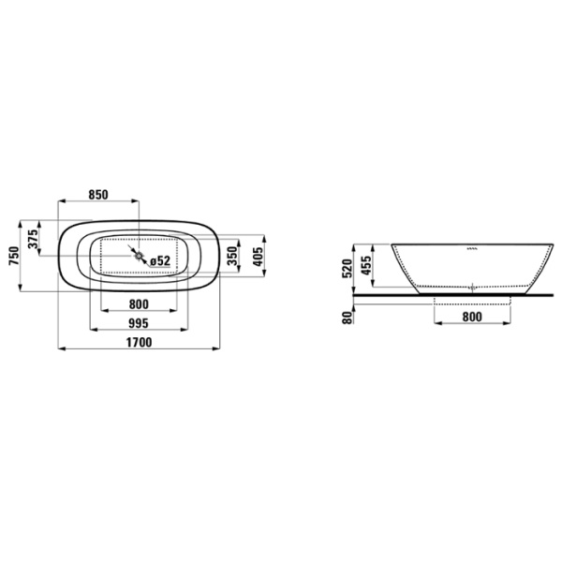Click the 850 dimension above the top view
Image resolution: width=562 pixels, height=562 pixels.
click(x=97, y=195)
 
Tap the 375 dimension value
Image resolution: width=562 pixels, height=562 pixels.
click(x=35, y=240)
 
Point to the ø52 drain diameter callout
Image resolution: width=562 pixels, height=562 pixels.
click(x=159, y=260)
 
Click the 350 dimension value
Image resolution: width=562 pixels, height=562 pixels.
click(x=232, y=254)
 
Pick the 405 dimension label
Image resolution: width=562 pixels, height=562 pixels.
click(x=259, y=254)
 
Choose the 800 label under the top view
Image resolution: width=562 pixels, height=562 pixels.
click(x=137, y=303)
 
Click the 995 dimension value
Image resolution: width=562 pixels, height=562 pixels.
click(x=137, y=323)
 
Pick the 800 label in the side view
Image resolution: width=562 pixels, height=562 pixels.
click(x=472, y=318)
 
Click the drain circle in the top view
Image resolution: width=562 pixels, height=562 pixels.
click(x=139, y=255)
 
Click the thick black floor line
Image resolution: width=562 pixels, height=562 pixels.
click(x=450, y=294)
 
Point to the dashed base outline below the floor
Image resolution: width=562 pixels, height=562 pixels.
click(x=473, y=300)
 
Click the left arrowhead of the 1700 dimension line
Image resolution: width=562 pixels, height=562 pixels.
click(x=61, y=350)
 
